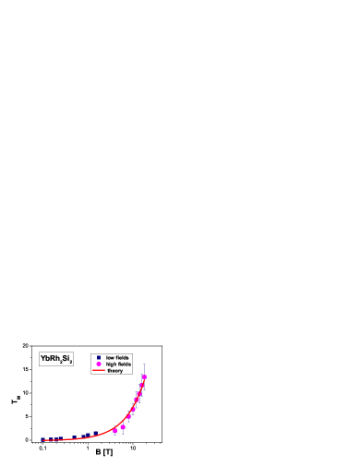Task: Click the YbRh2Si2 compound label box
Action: click(55, 359)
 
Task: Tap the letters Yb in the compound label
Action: click(45, 358)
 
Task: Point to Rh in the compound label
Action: click(54, 358)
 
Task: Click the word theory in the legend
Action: click(114, 371)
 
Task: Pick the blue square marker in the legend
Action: click(98, 357)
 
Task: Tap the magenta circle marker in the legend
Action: click(98, 364)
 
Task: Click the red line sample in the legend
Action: click(98, 371)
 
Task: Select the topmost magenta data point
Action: click(144, 377)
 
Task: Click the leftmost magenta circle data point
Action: click(114, 431)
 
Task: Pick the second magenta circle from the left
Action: click(123, 427)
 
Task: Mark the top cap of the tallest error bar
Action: click(144, 363)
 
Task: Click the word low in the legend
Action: click(110, 357)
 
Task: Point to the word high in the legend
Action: click(111, 364)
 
